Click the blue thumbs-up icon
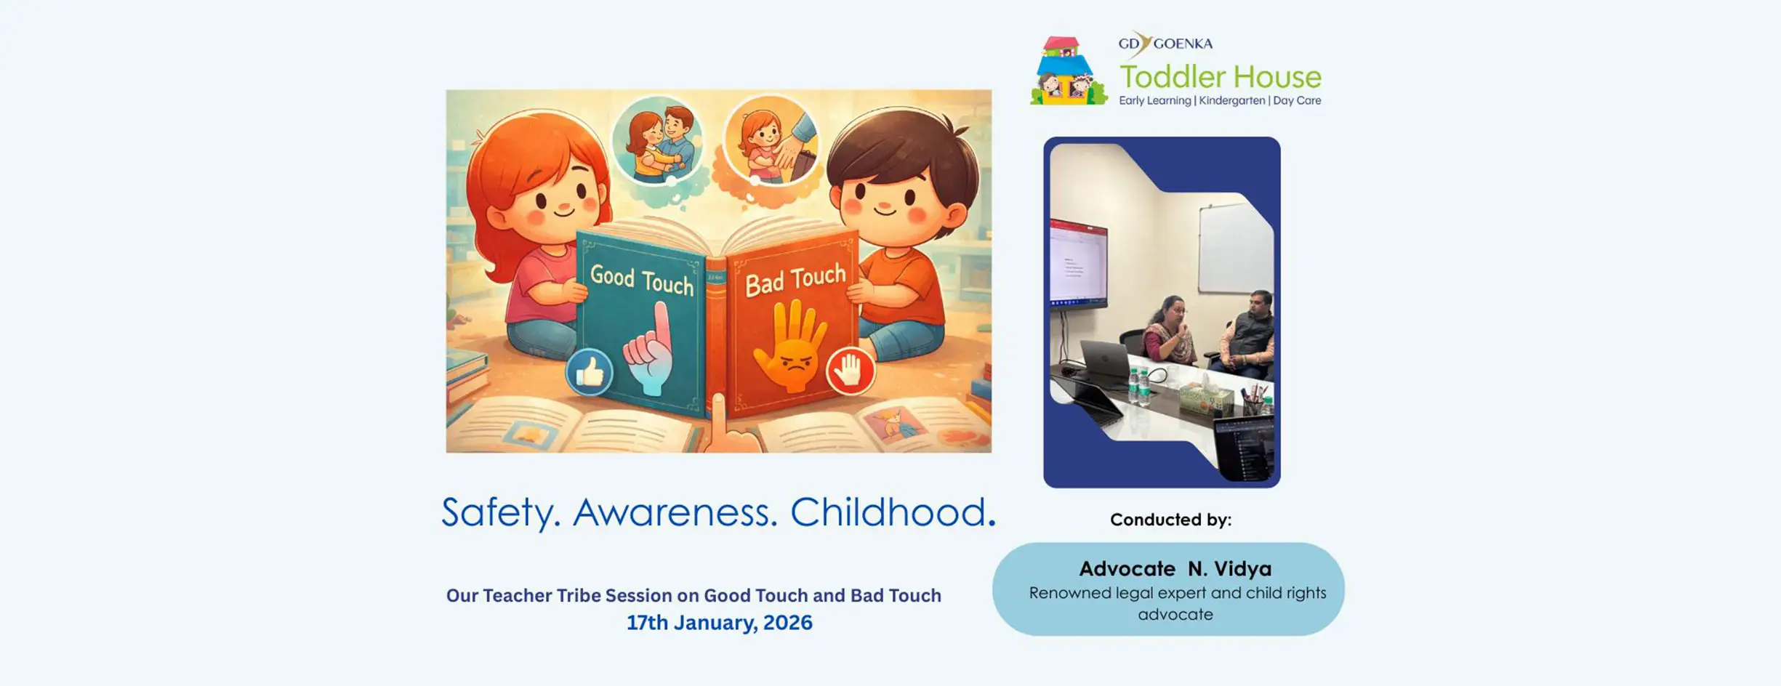(x=589, y=372)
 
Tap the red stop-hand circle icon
(x=850, y=371)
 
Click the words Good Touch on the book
(x=642, y=281)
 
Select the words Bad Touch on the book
(x=795, y=280)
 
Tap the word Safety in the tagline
(x=501, y=512)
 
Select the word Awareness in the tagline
(x=675, y=512)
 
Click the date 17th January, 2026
(x=720, y=623)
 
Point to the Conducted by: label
(x=1170, y=520)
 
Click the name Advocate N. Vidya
(x=1175, y=568)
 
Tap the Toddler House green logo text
(x=1221, y=76)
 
